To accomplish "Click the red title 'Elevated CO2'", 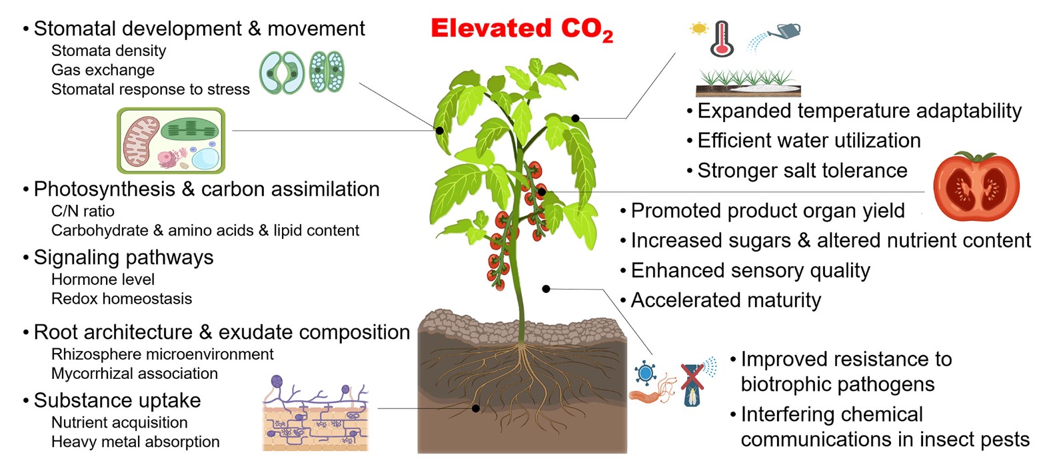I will tap(521, 29).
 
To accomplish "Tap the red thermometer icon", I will tap(722, 39).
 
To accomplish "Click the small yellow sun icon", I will tap(698, 29).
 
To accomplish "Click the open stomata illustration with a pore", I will tap(282, 73).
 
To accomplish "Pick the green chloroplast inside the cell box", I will tap(189, 130).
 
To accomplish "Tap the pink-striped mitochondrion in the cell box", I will tap(141, 141).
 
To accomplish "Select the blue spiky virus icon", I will tap(646, 372).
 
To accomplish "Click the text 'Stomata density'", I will tap(109, 51).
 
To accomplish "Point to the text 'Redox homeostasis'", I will tap(121, 299).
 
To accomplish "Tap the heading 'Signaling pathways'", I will tap(123, 258).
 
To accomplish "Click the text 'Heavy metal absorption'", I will tap(135, 442).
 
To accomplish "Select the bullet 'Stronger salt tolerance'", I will tap(802, 171).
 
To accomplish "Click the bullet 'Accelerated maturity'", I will tap(726, 300).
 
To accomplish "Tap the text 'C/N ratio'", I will tap(83, 211).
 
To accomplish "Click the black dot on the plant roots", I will tap(476, 408).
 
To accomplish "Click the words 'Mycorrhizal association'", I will tap(135, 374).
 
